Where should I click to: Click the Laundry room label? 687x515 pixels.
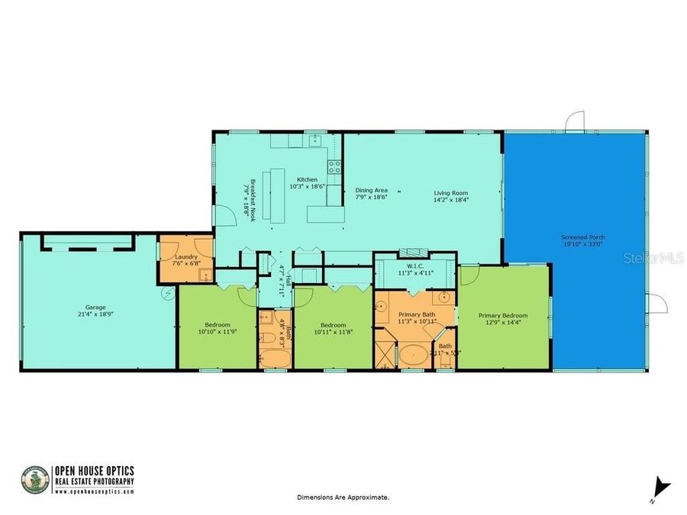click(186, 256)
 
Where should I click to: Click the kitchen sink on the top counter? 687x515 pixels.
click(314, 140)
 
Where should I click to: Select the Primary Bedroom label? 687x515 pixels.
click(503, 315)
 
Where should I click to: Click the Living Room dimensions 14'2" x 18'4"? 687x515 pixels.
click(451, 201)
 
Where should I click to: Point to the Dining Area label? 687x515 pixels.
click(372, 189)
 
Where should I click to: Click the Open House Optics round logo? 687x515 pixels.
click(34, 478)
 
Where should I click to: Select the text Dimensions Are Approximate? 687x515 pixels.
click(343, 497)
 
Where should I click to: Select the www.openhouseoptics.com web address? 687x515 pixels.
click(94, 491)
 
